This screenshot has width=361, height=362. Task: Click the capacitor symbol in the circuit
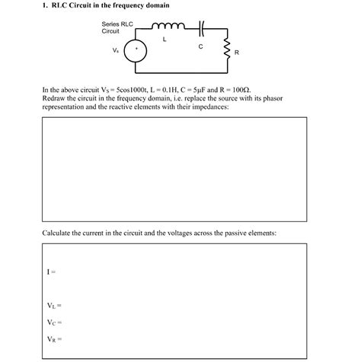[201, 29]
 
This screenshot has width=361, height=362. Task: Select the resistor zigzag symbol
[226, 51]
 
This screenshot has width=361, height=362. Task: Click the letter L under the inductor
[165, 39]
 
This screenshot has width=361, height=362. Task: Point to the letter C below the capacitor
[200, 46]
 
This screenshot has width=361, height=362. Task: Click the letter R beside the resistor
[237, 52]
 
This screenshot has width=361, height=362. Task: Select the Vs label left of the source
[115, 50]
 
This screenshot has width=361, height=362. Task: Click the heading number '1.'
[45, 6]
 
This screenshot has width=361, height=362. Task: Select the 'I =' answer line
[51, 271]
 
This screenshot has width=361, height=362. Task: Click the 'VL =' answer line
[53, 306]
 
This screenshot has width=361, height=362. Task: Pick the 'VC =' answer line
[53, 322]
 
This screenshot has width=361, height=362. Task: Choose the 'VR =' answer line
[53, 339]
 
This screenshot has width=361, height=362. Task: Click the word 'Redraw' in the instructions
[54, 99]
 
